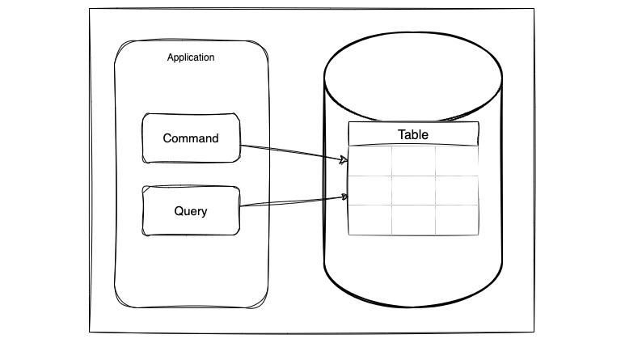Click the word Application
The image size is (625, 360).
(191, 57)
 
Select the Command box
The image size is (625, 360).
(191, 138)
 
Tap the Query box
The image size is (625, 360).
(191, 210)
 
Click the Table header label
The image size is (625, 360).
(413, 134)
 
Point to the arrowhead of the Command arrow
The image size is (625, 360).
(344, 160)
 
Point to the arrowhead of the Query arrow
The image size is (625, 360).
(344, 197)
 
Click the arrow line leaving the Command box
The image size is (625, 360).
(294, 153)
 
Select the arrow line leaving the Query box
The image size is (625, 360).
(294, 201)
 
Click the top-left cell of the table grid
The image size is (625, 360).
(370, 161)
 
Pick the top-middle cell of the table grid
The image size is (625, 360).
(413, 161)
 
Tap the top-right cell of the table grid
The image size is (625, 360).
(457, 161)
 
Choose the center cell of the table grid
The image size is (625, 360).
(413, 190)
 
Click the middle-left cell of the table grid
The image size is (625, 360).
(370, 190)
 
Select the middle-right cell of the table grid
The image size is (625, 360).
(457, 190)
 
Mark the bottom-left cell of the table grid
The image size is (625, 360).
(370, 220)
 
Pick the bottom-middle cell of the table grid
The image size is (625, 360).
(413, 220)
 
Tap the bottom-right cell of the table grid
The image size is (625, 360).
(457, 220)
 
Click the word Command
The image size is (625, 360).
(191, 138)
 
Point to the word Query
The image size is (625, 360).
(191, 211)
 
